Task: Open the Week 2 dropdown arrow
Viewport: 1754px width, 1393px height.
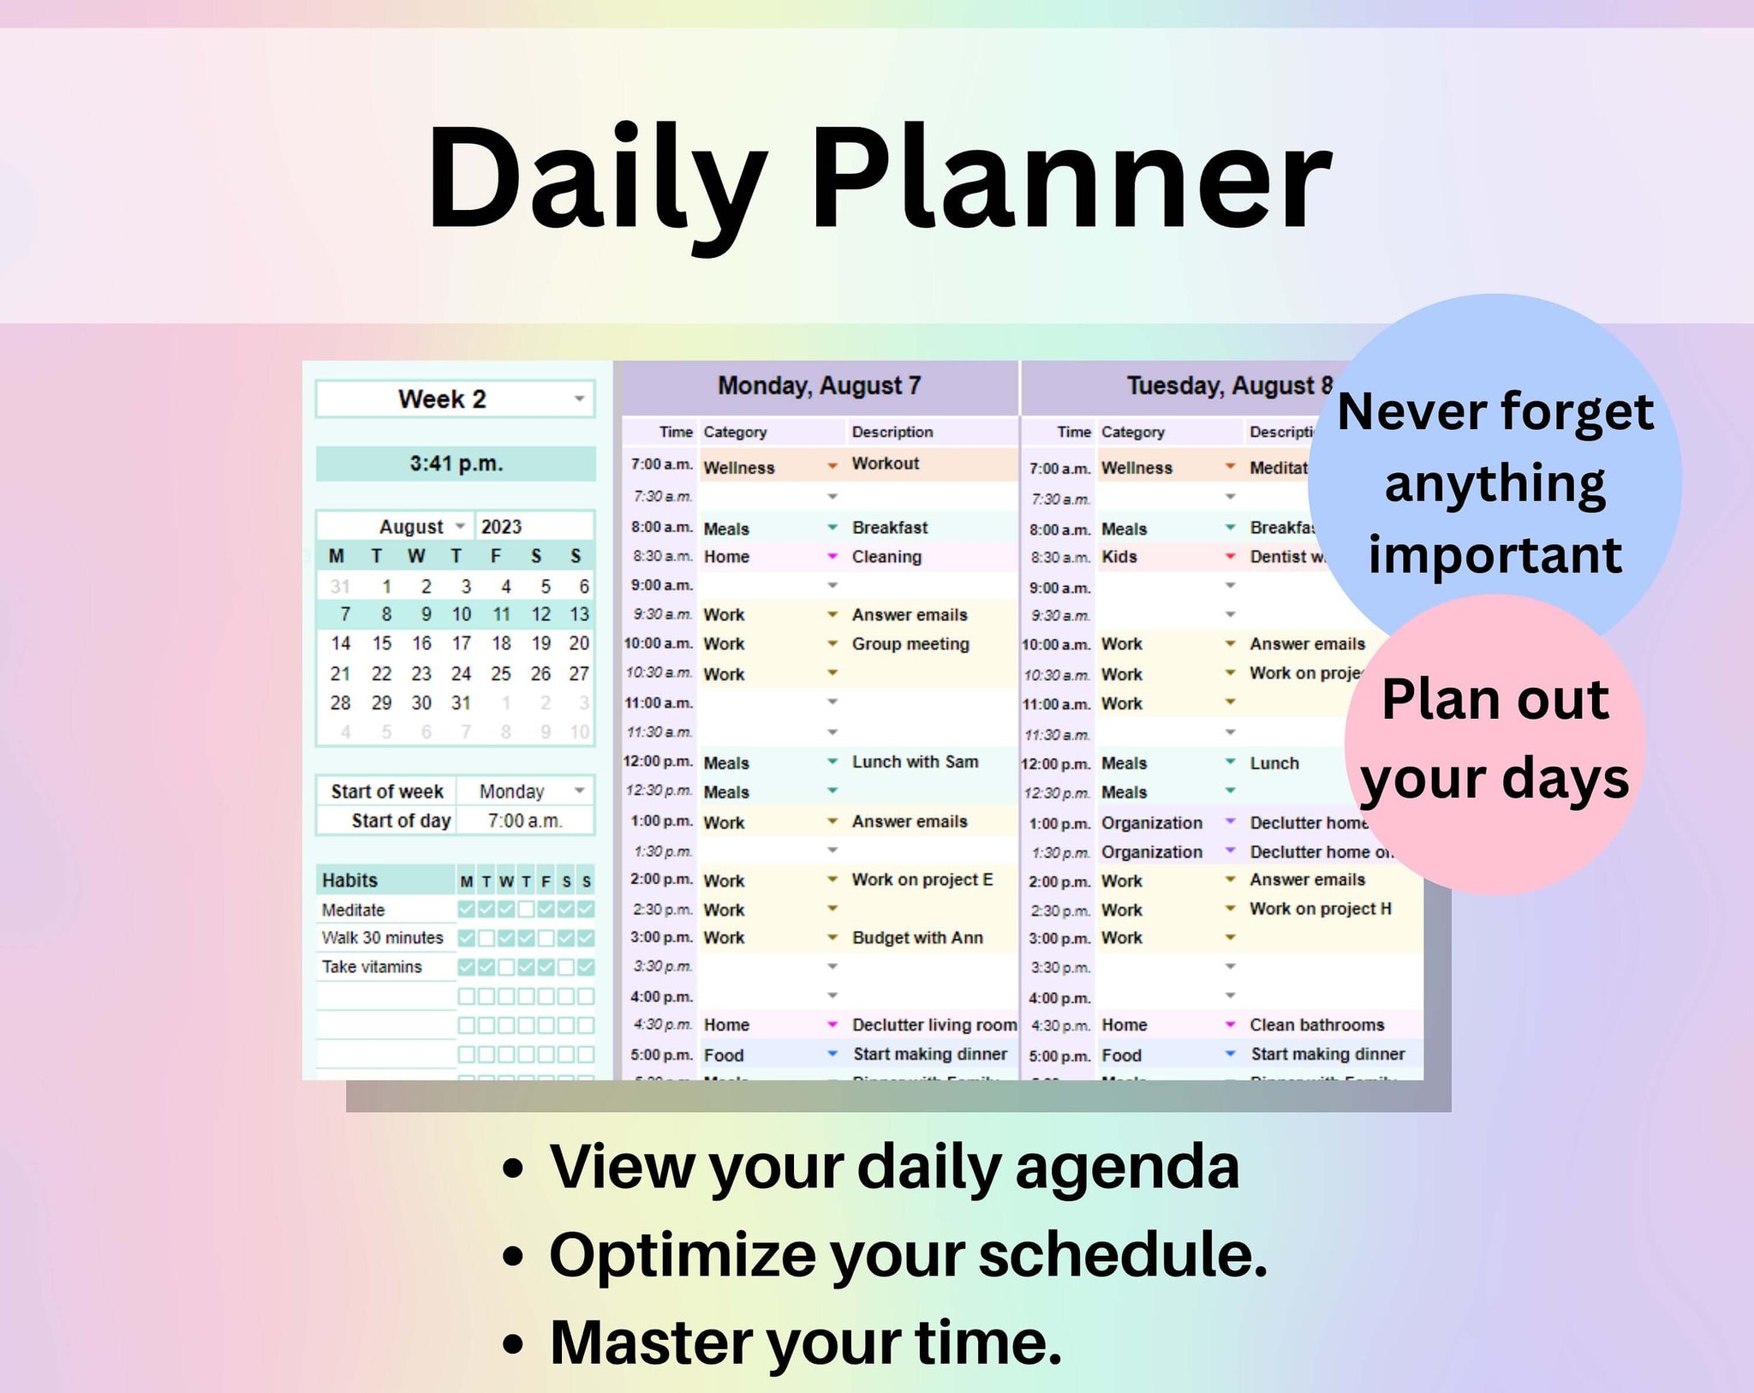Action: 580,399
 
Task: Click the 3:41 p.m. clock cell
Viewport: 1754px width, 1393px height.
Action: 456,464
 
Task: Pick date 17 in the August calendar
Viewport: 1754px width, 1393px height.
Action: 462,643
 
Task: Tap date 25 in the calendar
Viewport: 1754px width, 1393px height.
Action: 501,674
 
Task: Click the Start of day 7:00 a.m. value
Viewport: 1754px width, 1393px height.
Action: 524,821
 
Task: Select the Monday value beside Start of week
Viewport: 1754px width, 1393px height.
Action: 512,792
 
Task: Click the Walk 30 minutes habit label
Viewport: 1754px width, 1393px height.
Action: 382,938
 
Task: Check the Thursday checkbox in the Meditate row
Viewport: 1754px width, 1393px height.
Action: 526,909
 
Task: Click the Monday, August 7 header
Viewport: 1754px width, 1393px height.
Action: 819,386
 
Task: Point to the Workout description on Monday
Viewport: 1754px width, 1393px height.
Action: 885,463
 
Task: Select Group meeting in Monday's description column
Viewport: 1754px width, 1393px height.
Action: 910,644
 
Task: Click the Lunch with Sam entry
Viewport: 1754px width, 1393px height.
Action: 915,762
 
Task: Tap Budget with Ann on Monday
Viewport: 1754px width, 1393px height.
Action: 917,938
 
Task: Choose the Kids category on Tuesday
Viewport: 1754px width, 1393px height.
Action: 1119,557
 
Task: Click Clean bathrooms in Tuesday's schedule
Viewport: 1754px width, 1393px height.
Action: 1316,1025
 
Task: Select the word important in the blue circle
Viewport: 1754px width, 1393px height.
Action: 1494,555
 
